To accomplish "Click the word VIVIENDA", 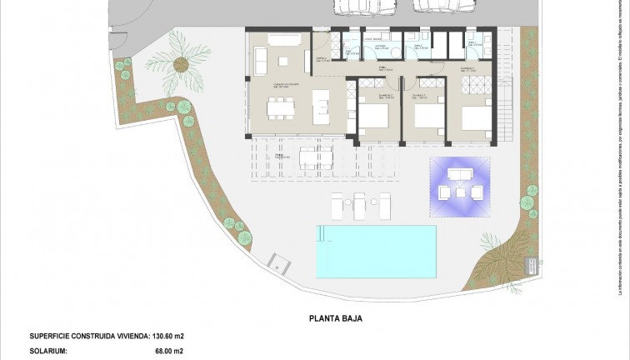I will coord(123,337).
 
